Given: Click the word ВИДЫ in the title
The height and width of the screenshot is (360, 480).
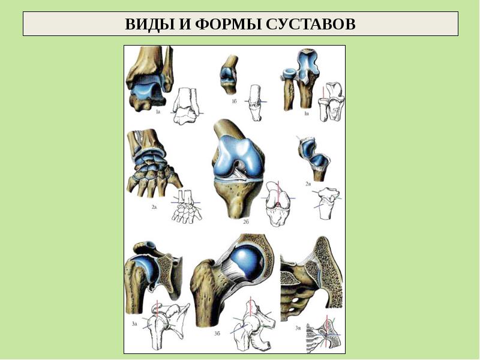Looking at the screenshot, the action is coord(147,25).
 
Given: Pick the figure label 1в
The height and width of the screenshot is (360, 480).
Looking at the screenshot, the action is coord(307,113).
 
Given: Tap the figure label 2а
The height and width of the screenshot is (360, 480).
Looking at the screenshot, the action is coord(154,206).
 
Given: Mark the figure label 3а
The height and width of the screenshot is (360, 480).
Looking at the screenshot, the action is coord(135,324).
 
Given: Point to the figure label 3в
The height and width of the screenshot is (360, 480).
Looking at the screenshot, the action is coord(298,328).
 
